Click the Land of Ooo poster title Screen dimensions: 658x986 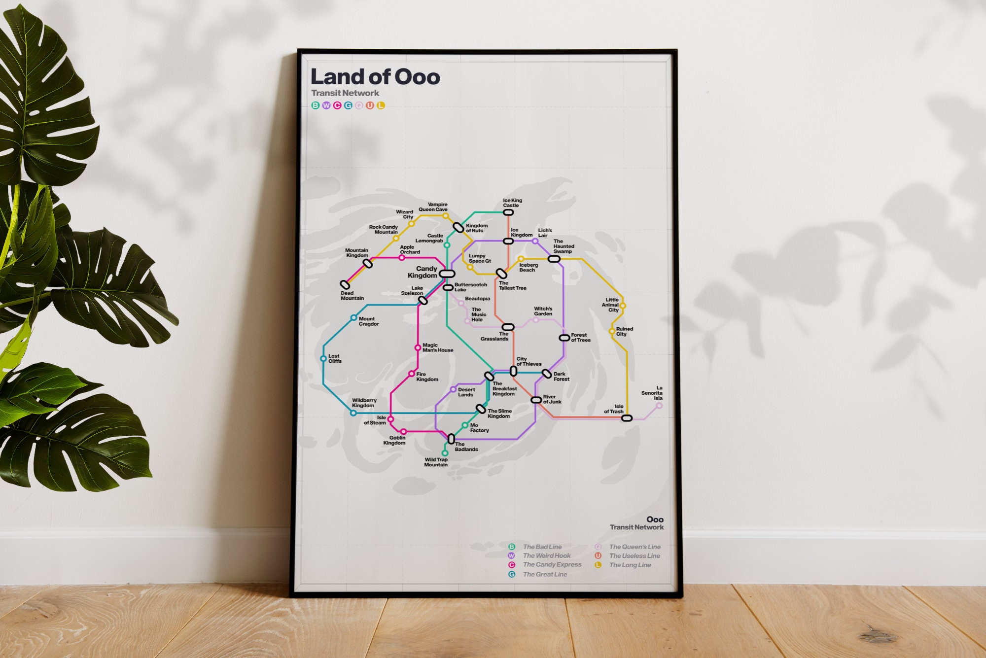(375, 77)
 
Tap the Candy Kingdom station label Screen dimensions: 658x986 (423, 272)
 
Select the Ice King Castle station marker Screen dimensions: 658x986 (508, 212)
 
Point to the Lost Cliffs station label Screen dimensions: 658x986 (335, 358)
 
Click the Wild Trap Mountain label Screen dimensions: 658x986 (436, 462)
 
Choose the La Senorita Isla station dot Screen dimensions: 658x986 (659, 406)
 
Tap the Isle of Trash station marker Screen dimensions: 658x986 (627, 418)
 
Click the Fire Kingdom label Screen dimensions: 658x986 (427, 377)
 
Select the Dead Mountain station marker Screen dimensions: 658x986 (345, 284)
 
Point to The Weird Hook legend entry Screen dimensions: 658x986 (546, 555)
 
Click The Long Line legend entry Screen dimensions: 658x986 (630, 565)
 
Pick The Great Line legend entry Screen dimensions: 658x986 (545, 574)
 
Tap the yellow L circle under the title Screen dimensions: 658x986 (381, 105)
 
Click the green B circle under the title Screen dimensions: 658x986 (316, 105)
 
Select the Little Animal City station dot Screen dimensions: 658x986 (623, 306)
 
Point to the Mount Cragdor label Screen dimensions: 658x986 (368, 321)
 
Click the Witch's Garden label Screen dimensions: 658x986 (543, 311)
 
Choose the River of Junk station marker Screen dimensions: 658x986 (536, 400)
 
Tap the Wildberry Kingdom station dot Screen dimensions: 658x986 (353, 413)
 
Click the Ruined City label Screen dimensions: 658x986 (624, 331)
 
